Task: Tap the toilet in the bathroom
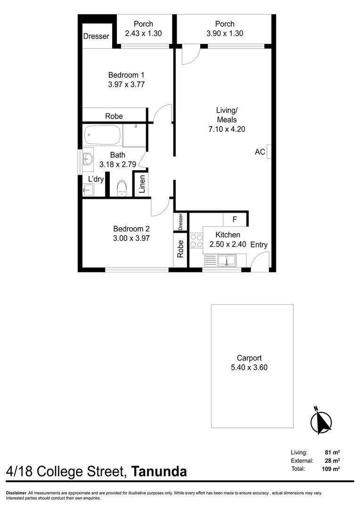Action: tap(122, 188)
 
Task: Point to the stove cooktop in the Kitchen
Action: tap(196, 241)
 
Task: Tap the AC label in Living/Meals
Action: tap(260, 152)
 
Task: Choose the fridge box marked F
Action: tap(235, 220)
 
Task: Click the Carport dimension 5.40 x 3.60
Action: tap(249, 368)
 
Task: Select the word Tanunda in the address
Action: tap(159, 471)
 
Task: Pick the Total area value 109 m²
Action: tap(330, 469)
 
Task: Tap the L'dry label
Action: tap(96, 179)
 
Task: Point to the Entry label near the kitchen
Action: tap(259, 245)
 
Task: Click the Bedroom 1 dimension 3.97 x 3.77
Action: tap(126, 85)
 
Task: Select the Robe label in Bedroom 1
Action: tap(114, 116)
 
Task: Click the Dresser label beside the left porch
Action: tap(96, 36)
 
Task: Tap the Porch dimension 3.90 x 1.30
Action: tap(224, 33)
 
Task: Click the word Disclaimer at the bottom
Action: tap(16, 493)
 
